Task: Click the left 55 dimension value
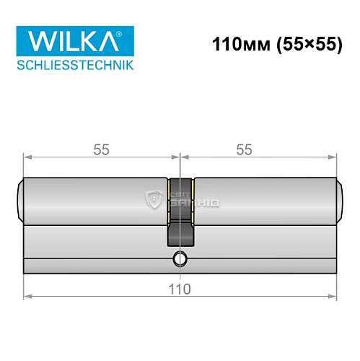[100, 149]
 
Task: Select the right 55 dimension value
[244, 149]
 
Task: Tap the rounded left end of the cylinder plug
[19, 200]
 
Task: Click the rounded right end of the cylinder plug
[341, 200]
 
